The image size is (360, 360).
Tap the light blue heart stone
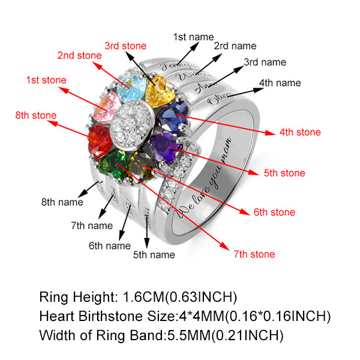pyautogui.click(x=131, y=90)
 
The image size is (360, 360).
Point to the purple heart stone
pyautogui.click(x=165, y=146)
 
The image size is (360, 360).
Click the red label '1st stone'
pyautogui.click(x=46, y=80)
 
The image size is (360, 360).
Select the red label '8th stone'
pyautogui.click(x=37, y=115)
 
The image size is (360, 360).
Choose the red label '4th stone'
pyautogui.click(x=301, y=132)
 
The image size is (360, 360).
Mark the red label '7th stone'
pyautogui.click(x=254, y=254)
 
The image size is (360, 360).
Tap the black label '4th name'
pyautogui.click(x=280, y=82)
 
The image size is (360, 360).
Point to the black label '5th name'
pyautogui.click(x=154, y=254)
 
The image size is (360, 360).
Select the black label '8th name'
pyautogui.click(x=62, y=202)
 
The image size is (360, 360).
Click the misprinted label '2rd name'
pyautogui.click(x=235, y=46)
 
